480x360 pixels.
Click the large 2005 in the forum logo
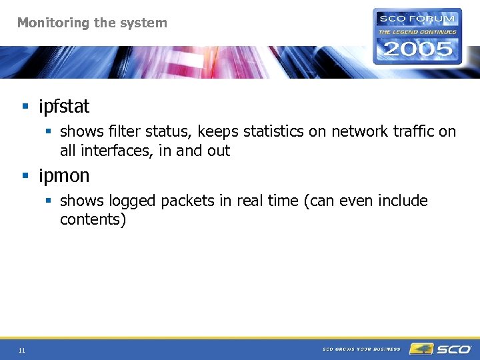(x=417, y=49)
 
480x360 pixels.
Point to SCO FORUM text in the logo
(x=417, y=19)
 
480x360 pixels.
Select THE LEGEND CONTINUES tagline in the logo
(x=417, y=31)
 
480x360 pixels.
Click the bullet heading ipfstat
(x=64, y=106)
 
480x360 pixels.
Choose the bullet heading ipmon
(x=64, y=176)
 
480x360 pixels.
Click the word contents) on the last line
(x=93, y=219)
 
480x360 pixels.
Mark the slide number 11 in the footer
(x=22, y=350)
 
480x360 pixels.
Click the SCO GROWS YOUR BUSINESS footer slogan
(x=361, y=349)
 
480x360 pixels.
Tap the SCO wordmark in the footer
(x=453, y=349)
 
